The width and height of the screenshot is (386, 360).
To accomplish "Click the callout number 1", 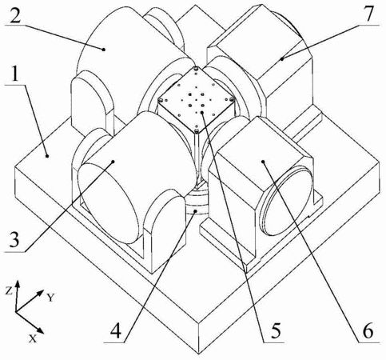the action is [x=15, y=72].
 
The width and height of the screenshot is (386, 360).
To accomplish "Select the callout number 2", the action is [x=15, y=14].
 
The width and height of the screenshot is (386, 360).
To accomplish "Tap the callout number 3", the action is [x=14, y=239].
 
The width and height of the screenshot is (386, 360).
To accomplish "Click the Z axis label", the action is [x=9, y=291].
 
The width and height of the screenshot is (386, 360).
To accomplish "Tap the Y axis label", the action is [x=50, y=297].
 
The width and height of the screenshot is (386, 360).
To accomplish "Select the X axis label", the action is [x=33, y=338].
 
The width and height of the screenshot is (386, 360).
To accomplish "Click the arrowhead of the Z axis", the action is [x=18, y=283].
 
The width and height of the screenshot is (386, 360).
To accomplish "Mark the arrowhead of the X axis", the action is [x=40, y=330].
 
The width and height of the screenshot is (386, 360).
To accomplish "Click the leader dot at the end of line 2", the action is [x=104, y=49].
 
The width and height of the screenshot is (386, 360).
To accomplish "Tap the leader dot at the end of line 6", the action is [x=263, y=162].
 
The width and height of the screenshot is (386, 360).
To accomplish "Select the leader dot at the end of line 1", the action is [x=47, y=155].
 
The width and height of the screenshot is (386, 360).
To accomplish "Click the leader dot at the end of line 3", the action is [x=113, y=162].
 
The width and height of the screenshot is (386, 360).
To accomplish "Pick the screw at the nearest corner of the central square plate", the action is [x=197, y=131].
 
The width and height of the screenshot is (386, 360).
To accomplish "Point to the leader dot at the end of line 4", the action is [x=196, y=211].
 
